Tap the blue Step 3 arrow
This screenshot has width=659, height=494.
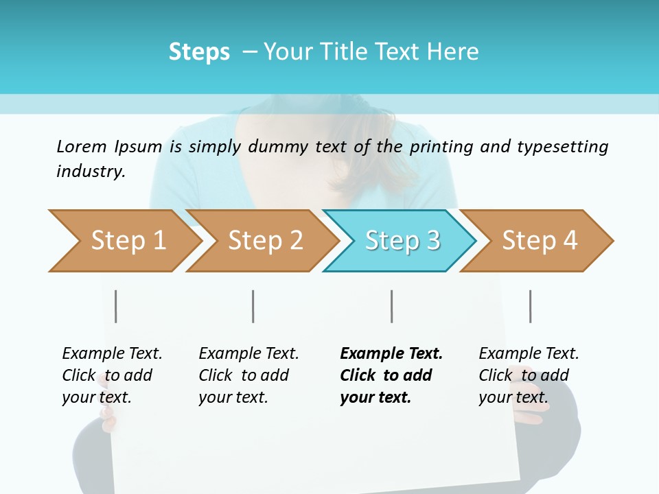pos(402,241)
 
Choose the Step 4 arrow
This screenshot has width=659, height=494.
pos(540,241)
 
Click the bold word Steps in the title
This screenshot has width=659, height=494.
pos(199,52)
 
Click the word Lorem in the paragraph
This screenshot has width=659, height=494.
pos(81,146)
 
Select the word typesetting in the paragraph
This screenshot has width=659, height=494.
pos(562,147)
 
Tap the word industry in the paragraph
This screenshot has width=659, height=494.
pos(91,172)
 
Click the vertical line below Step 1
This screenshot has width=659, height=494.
pos(116,306)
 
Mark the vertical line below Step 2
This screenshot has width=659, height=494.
pos(253,306)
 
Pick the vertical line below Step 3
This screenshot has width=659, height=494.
pos(392,306)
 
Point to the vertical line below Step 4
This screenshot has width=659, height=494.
pos(531,306)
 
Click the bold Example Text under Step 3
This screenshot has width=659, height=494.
pos(391,353)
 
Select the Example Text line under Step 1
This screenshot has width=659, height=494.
pos(112,353)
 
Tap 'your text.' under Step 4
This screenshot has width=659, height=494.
pos(513,397)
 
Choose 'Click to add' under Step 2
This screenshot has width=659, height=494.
pos(244,375)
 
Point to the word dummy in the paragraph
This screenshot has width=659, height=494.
pos(278,147)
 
